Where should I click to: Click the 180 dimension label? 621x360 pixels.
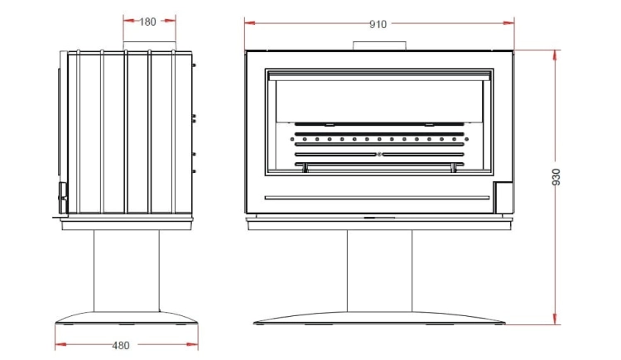(x=147, y=22)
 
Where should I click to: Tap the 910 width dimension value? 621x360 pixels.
(x=378, y=25)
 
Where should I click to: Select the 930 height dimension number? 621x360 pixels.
(x=556, y=177)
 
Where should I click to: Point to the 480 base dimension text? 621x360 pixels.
(x=121, y=346)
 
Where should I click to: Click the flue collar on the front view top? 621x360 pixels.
(x=379, y=46)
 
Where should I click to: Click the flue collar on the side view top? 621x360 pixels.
(x=149, y=46)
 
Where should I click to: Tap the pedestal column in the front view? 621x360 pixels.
(x=379, y=271)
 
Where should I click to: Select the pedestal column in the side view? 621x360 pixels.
(x=127, y=271)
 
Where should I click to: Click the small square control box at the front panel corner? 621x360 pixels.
(x=503, y=197)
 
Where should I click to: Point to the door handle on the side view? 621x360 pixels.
(x=63, y=198)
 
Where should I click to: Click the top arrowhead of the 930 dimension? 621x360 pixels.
(x=556, y=55)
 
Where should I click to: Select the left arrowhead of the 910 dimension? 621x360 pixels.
(x=250, y=23)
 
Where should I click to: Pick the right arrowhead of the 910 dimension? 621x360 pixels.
(x=509, y=23)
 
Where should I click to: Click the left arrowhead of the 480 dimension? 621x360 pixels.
(x=60, y=345)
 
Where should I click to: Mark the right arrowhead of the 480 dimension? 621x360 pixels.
(x=192, y=345)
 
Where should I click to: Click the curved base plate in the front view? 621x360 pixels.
(x=379, y=318)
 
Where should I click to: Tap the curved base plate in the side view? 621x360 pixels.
(x=126, y=318)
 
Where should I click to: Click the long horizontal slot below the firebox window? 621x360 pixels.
(x=377, y=198)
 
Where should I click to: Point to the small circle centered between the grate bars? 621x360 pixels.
(x=379, y=155)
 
